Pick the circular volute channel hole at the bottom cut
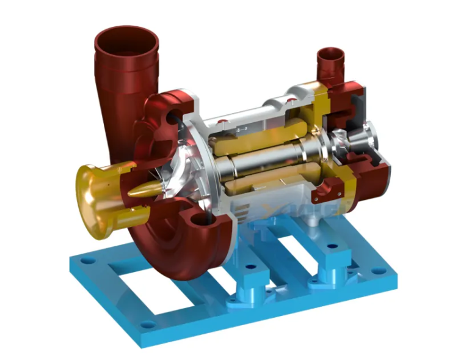tap(202, 221)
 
